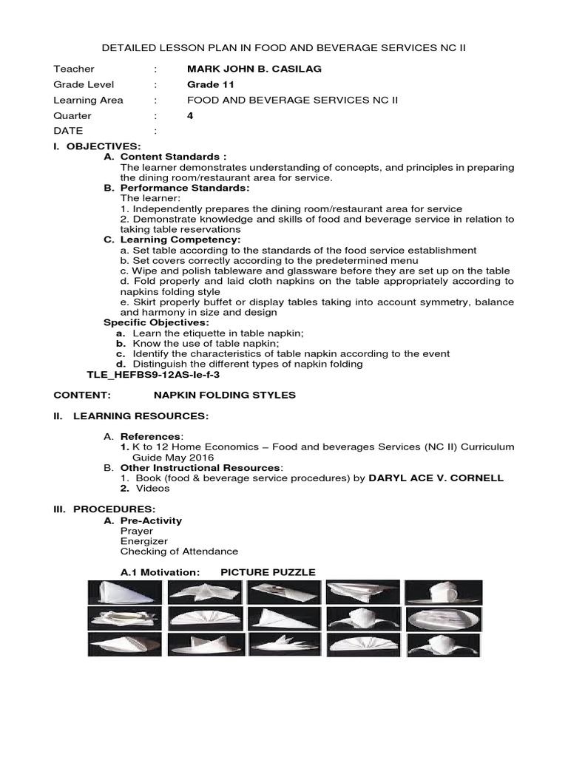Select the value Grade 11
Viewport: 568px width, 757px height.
coord(211,84)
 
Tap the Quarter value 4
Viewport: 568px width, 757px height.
coord(190,115)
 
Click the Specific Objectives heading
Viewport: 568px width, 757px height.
coord(156,322)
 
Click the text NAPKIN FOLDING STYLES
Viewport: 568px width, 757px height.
coord(224,395)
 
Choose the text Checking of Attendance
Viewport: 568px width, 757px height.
coord(179,551)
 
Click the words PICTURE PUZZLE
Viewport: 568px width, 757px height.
coord(268,572)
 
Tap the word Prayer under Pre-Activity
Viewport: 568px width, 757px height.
coord(137,531)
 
